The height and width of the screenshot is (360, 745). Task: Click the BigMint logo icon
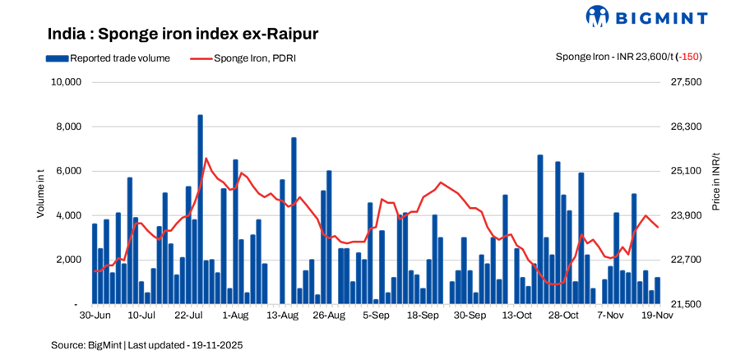[597, 16]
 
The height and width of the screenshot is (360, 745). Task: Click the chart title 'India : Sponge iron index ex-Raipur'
[183, 34]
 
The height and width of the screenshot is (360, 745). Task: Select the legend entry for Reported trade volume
[108, 58]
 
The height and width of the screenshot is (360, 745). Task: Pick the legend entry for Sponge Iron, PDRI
[243, 58]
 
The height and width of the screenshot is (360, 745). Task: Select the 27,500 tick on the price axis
[686, 82]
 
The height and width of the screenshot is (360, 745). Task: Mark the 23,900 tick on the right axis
[686, 215]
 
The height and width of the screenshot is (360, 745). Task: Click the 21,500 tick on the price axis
[686, 304]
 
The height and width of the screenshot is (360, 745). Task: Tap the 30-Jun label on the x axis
[95, 315]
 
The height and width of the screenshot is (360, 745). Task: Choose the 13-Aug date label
[283, 315]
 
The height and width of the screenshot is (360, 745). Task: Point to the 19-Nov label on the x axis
[657, 315]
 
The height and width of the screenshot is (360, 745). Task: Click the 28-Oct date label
[564, 315]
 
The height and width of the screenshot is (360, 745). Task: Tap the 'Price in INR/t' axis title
[715, 181]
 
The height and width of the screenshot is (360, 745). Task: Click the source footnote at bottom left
[146, 345]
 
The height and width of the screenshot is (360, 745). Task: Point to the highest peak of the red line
[206, 158]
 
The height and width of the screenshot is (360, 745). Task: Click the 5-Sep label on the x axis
[377, 315]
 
